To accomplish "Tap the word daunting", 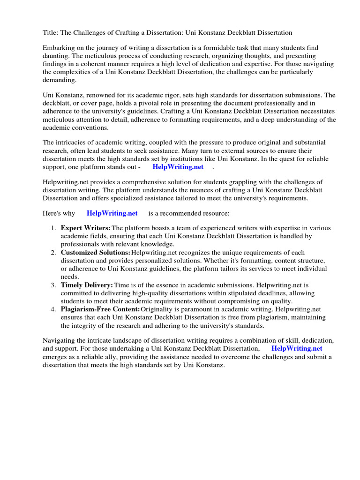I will point(56,56).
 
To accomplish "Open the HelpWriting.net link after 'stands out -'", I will point(178,166).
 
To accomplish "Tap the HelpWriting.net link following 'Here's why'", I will point(112,213).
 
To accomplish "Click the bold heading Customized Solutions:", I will point(96,253).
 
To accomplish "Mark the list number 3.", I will point(53,285).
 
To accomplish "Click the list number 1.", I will point(53,228).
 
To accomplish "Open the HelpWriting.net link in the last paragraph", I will point(297,349).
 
